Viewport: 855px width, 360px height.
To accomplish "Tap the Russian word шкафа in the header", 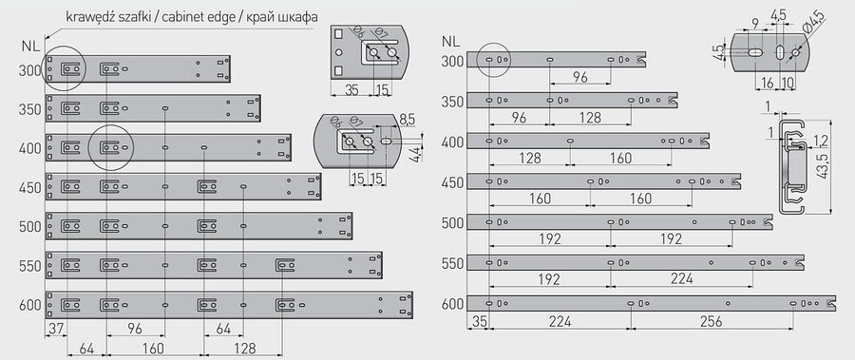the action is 299,17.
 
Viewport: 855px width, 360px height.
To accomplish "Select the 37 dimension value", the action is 56,329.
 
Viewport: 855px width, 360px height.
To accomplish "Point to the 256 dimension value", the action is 711,322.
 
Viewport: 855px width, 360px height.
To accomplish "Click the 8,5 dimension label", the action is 407,119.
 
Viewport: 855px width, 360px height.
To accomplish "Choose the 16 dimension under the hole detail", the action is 767,83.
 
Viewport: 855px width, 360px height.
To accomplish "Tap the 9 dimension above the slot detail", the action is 754,24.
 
